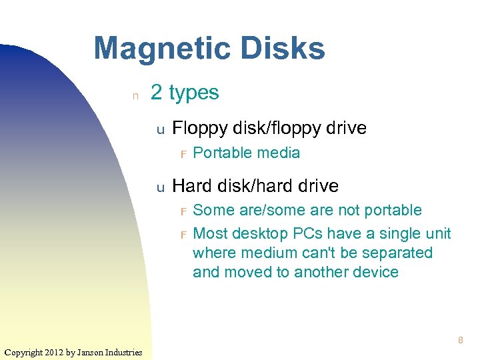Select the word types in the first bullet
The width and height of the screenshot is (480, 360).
coord(194,93)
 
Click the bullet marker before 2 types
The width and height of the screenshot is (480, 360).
coord(135,95)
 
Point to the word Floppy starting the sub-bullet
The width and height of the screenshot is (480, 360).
coord(199,128)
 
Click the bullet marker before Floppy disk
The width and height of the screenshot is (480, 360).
coord(160,129)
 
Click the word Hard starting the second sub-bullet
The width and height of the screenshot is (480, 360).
coord(190,185)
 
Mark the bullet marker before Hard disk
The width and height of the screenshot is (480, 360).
coord(160,187)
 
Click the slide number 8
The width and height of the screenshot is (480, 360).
coord(460,341)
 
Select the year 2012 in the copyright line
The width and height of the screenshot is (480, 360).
coord(55,352)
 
